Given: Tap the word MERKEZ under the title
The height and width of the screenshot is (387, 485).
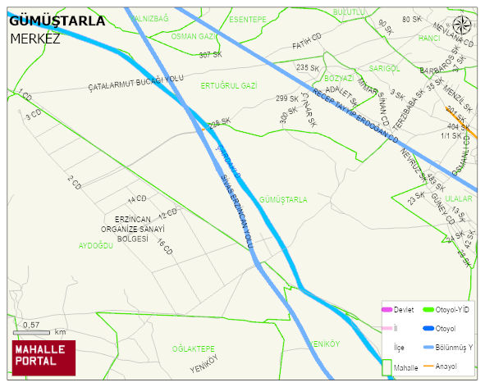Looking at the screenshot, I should pyautogui.click(x=35, y=38).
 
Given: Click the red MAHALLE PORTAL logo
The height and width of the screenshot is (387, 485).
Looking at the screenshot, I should pyautogui.click(x=43, y=357).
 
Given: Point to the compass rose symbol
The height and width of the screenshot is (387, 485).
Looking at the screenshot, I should pyautogui.click(x=463, y=25).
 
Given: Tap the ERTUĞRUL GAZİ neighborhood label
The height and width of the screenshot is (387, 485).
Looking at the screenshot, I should pyautogui.click(x=229, y=85).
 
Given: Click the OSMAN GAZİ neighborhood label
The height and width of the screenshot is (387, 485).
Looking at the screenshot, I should pyautogui.click(x=194, y=37).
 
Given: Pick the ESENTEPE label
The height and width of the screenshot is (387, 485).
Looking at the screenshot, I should pyautogui.click(x=248, y=19).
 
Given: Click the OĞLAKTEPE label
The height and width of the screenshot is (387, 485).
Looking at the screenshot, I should pyautogui.click(x=194, y=348).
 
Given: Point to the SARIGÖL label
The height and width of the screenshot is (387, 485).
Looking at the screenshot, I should pyautogui.click(x=385, y=69).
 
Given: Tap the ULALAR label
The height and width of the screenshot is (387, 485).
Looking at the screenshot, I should pyautogui.click(x=459, y=198).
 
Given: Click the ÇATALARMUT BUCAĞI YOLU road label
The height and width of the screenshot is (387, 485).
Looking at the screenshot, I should pyautogui.click(x=135, y=82).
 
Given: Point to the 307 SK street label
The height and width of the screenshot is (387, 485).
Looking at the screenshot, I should pyautogui.click(x=210, y=55).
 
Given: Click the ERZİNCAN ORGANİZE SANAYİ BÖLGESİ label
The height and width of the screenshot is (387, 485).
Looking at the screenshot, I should pyautogui.click(x=140, y=229).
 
